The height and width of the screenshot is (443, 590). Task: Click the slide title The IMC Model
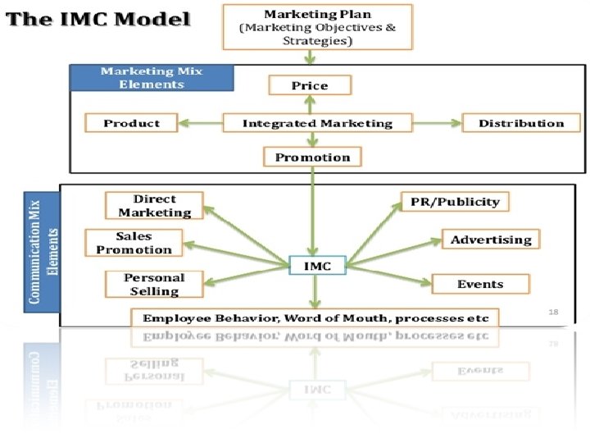98,19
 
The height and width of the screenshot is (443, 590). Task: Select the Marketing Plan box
316,27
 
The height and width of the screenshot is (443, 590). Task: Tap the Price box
310,85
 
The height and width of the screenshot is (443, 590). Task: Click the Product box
131,123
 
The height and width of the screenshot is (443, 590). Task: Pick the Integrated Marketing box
317,123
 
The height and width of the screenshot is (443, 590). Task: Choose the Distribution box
521,123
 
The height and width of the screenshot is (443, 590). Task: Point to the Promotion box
312,157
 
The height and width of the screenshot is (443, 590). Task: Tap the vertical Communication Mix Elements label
43,250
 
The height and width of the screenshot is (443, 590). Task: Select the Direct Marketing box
154,206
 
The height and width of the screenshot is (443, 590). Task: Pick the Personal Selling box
154,284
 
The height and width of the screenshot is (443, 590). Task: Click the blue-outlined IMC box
318,266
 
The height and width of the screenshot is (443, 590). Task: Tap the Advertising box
491,240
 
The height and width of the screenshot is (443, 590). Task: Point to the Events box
480,284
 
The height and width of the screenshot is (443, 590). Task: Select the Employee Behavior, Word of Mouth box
315,317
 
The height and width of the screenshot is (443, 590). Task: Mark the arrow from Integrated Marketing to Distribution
436,123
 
